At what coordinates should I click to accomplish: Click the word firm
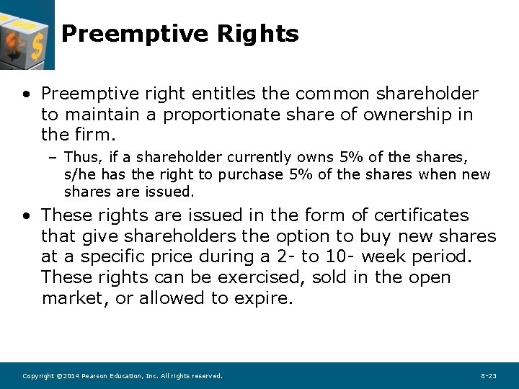pyautogui.click(x=94, y=135)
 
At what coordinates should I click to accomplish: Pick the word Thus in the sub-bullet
pyautogui.click(x=79, y=157)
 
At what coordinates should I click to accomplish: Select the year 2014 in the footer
pyautogui.click(x=68, y=376)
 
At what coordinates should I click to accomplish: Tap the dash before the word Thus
pyautogui.click(x=55, y=157)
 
